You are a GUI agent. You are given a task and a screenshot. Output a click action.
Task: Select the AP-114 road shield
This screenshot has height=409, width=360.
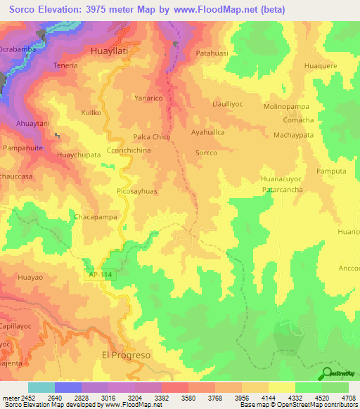(x=99, y=275)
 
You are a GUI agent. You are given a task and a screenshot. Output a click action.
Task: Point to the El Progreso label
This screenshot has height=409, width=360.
(x=127, y=355)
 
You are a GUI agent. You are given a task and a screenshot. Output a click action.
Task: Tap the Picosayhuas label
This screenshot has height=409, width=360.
(x=132, y=190)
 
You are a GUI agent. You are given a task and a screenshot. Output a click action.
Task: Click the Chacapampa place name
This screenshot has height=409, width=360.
(x=95, y=218)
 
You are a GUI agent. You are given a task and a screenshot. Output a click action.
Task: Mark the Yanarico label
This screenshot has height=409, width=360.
(x=149, y=98)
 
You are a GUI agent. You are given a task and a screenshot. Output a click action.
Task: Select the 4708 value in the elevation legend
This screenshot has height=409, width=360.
(x=348, y=397)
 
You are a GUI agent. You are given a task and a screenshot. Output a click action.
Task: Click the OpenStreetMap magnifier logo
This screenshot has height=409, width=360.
(x=327, y=373)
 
